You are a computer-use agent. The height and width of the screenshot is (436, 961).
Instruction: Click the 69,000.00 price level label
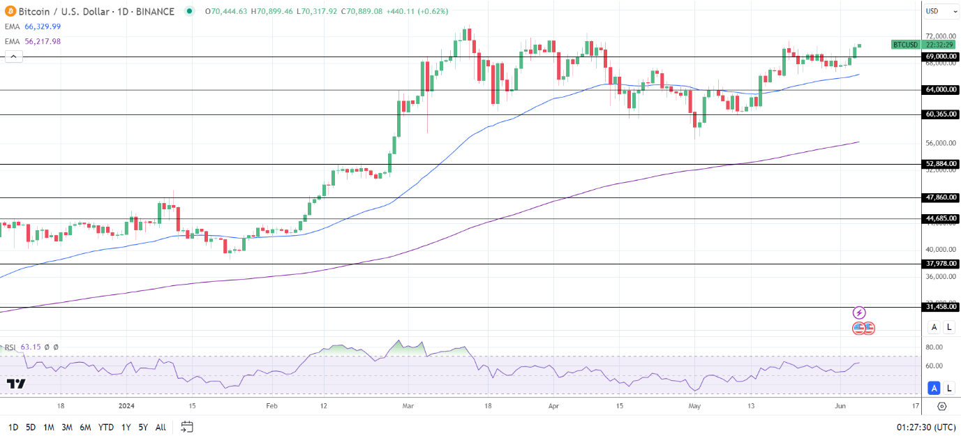point(940,57)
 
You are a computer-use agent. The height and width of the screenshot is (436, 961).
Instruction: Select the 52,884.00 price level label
point(940,164)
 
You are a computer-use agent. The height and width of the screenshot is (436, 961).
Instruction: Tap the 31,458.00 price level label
point(940,307)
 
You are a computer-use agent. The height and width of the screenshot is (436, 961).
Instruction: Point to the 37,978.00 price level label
point(940,264)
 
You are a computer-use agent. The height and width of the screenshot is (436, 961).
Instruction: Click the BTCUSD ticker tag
point(906,45)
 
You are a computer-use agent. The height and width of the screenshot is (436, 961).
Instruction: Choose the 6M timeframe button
point(85,427)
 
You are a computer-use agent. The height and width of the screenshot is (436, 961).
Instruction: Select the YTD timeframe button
point(106,427)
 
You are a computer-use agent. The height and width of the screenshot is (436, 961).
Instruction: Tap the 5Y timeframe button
point(142,427)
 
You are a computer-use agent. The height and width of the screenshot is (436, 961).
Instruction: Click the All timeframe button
point(161,427)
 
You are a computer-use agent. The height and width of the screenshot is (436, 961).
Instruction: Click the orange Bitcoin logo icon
point(10,11)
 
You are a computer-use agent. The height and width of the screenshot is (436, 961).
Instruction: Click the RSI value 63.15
point(31,347)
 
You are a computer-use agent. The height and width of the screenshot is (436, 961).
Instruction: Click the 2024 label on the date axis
point(127,405)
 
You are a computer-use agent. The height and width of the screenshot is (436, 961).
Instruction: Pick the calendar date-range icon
point(186,426)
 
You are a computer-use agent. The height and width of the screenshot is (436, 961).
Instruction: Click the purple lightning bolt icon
point(860,313)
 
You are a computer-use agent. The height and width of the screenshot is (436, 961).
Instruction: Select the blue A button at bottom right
point(934,389)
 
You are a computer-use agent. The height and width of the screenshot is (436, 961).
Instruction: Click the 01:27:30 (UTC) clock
point(926,427)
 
